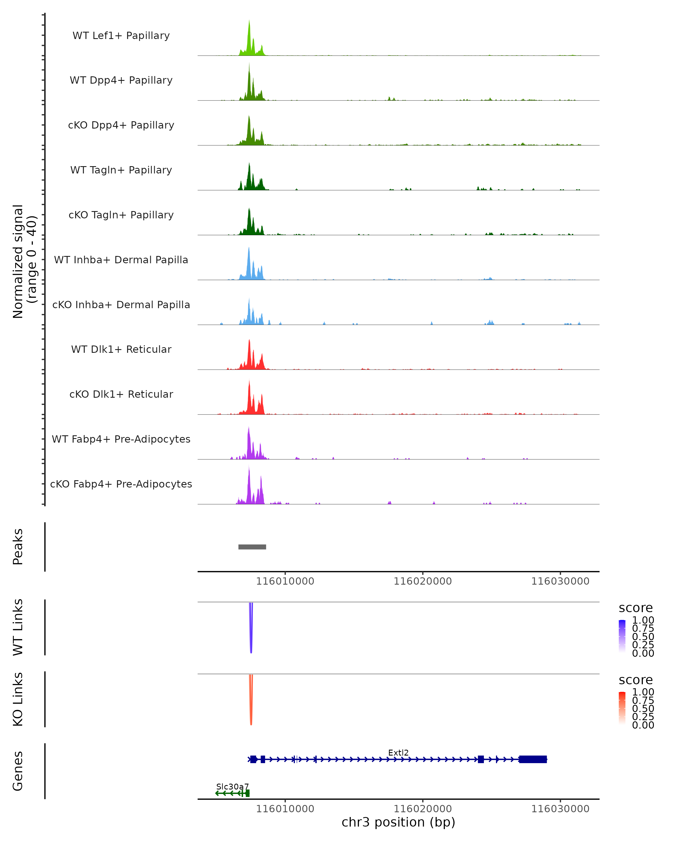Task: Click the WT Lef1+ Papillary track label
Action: [121, 36]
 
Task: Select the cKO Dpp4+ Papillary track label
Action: [121, 125]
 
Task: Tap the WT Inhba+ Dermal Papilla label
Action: [121, 260]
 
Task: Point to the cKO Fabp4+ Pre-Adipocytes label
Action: [121, 484]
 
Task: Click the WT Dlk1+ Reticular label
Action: [121, 349]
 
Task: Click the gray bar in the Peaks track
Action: [252, 547]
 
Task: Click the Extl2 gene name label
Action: [398, 752]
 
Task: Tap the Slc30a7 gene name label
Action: [233, 786]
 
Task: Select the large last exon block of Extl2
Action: [532, 759]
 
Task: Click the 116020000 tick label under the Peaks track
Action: [422, 582]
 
